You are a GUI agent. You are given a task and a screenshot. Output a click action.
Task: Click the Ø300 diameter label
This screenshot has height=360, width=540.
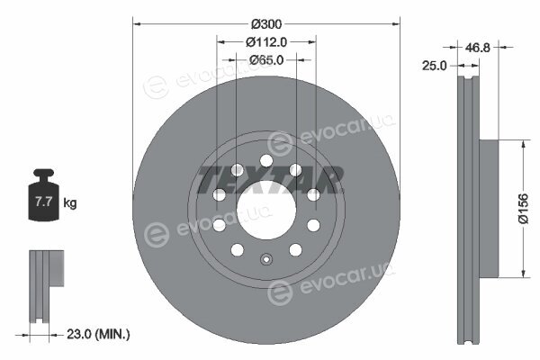coord(266,24)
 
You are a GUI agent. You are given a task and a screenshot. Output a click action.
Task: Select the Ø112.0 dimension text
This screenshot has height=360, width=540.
coord(266,42)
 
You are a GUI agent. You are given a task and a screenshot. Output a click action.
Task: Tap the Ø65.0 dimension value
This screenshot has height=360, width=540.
coord(266,60)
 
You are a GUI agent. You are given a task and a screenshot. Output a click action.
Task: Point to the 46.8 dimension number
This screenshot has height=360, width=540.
coord(477,48)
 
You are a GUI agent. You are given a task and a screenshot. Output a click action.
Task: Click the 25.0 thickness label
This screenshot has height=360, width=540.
coord(434,66)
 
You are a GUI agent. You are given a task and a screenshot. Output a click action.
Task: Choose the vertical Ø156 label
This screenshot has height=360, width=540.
coord(523,209)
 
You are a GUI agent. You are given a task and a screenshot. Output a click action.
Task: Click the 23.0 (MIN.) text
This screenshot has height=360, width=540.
coord(98,334)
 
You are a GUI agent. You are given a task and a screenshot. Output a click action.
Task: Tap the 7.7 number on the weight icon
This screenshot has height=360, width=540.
coord(43,202)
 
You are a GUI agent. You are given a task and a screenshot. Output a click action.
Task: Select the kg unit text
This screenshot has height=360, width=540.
coord(70,202)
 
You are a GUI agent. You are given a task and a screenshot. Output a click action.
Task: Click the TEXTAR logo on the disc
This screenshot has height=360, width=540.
coord(270,179)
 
